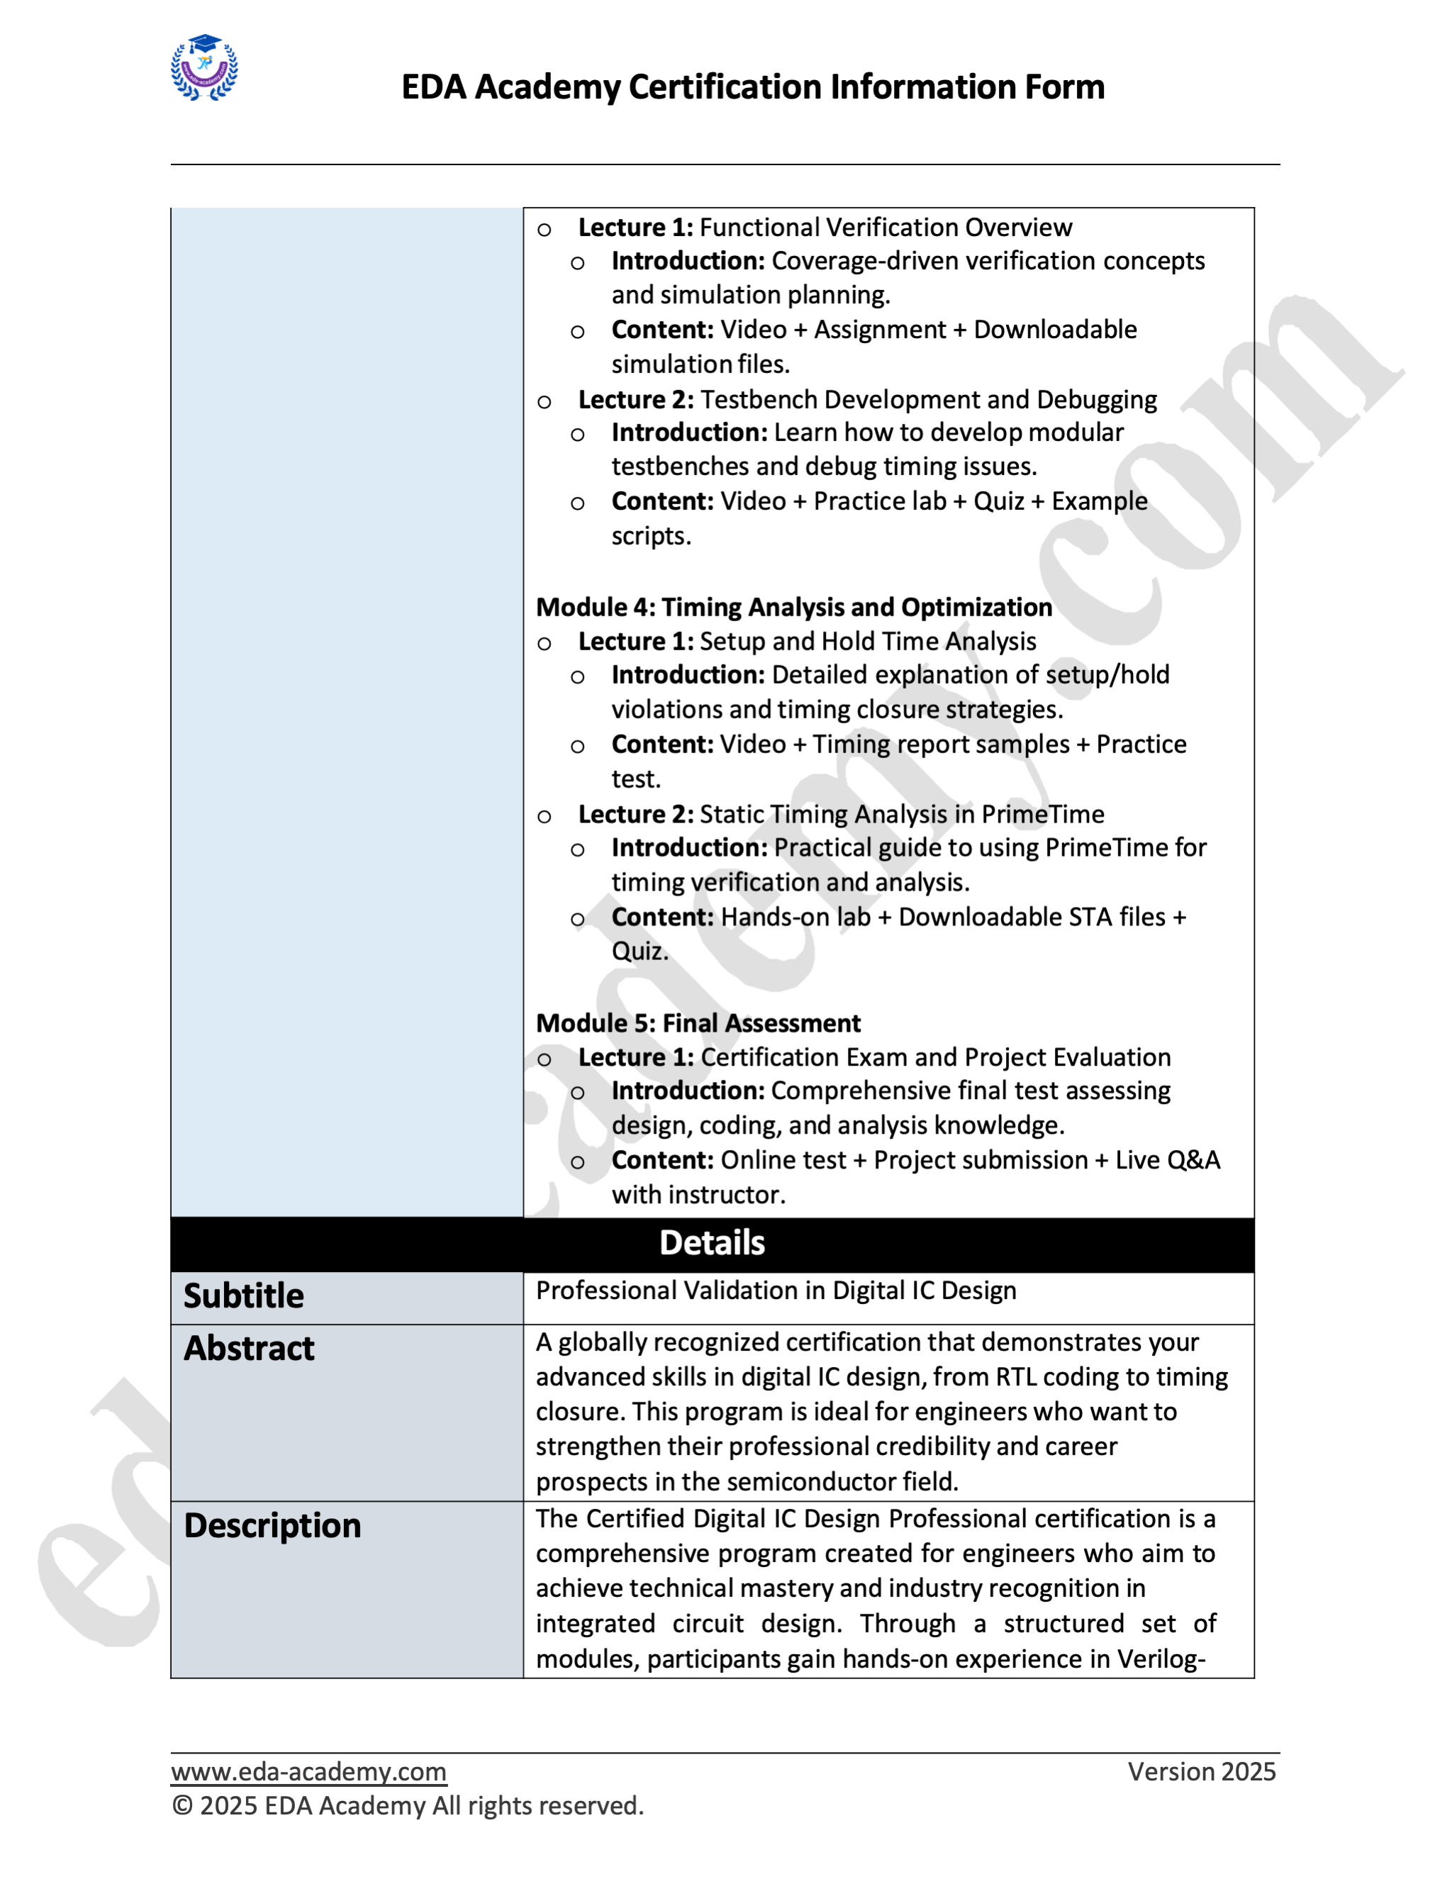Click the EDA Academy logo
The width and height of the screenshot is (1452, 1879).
click(x=204, y=68)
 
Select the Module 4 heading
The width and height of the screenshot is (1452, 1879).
click(x=793, y=608)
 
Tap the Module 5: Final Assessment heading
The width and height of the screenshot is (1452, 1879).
click(x=698, y=1023)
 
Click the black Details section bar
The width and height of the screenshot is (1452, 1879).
click(x=713, y=1243)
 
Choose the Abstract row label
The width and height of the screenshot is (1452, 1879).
click(x=250, y=1348)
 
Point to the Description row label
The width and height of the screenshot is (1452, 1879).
click(x=273, y=1525)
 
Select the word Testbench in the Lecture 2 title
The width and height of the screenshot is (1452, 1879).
click(x=754, y=399)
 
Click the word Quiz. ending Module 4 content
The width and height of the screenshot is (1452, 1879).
click(x=640, y=952)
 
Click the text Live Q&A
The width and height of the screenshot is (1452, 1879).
click(x=1167, y=1160)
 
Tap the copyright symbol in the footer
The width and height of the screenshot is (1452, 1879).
click(x=181, y=1806)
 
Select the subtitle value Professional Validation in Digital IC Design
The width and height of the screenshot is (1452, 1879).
click(x=776, y=1290)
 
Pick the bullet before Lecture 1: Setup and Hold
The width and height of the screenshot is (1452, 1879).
click(x=544, y=644)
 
